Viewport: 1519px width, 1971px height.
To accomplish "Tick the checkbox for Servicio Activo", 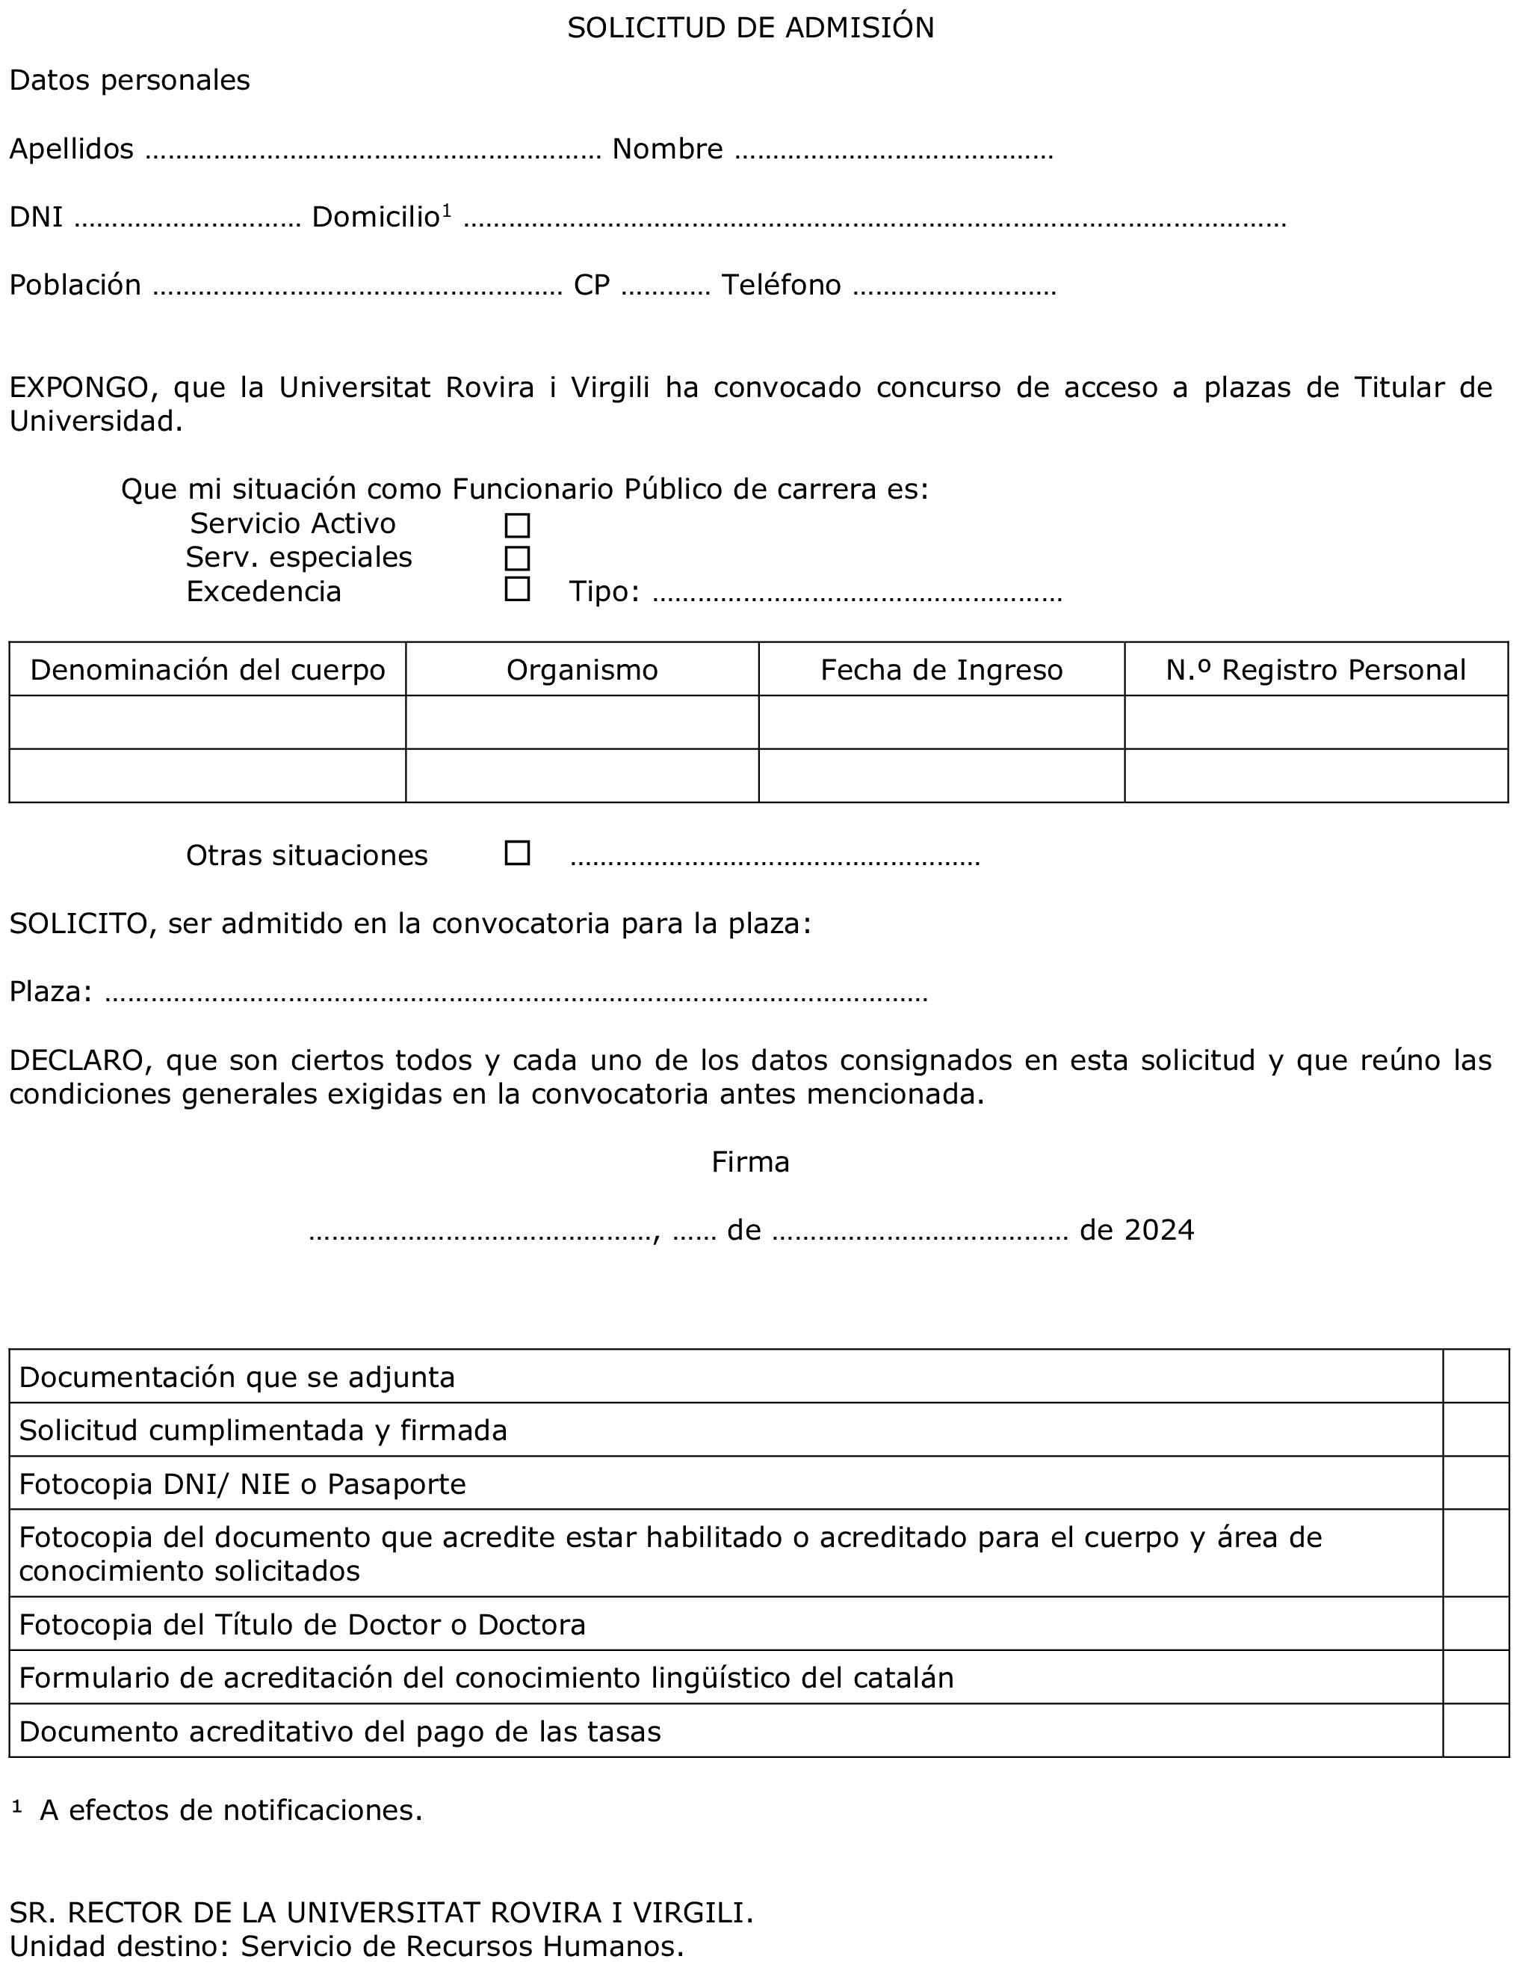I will click(517, 525).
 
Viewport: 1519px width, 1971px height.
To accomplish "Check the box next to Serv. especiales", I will click(517, 558).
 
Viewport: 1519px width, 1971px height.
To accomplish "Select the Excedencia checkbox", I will click(517, 589).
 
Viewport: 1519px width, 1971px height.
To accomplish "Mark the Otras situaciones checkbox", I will click(517, 853).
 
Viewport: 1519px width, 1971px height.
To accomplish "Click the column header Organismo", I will click(582, 670).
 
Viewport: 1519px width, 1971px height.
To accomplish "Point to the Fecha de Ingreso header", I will click(941, 670).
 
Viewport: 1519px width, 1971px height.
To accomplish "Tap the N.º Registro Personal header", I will click(1315, 670).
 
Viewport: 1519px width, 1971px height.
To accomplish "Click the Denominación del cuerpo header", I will click(208, 670).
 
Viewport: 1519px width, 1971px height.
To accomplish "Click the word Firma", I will click(750, 1161).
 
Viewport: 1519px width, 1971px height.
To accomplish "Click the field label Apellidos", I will click(71, 149).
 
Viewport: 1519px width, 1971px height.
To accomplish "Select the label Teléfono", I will click(781, 285).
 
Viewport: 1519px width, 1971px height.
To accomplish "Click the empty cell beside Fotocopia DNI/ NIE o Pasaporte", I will click(1476, 1483).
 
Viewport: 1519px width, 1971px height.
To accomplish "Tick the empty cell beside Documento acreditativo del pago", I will click(1476, 1730).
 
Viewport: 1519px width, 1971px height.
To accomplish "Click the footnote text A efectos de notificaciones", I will click(231, 1810).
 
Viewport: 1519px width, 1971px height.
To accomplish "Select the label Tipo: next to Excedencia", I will click(604, 592).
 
